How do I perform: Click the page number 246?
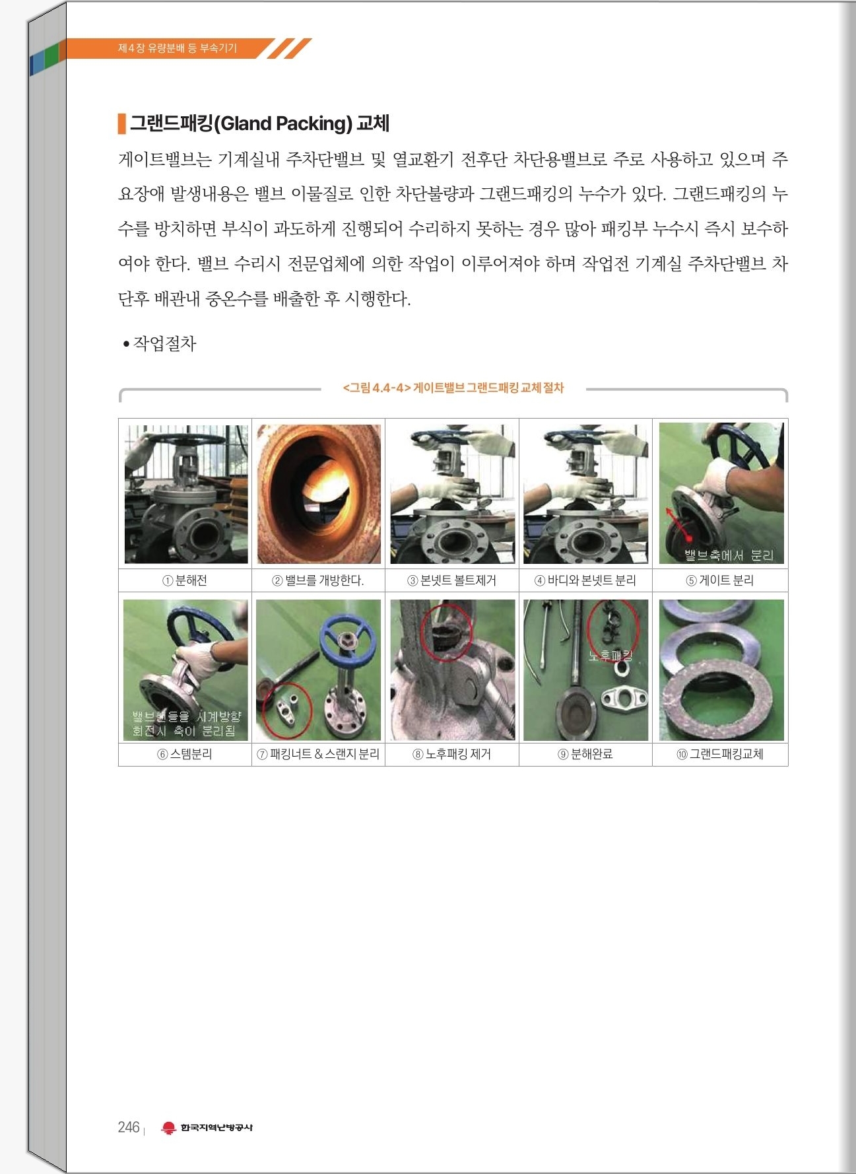[x=129, y=1127]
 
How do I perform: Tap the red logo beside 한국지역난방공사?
[x=169, y=1128]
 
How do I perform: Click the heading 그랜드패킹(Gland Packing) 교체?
[x=259, y=123]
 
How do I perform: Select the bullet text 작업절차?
[x=165, y=343]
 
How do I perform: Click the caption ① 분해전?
[x=185, y=580]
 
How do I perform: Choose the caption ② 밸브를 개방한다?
[x=318, y=580]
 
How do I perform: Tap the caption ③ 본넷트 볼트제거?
[x=451, y=580]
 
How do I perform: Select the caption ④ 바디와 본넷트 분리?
[x=585, y=580]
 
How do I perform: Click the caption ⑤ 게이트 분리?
[x=719, y=580]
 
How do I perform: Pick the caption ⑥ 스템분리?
[x=185, y=754]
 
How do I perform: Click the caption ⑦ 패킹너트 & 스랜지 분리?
[x=318, y=754]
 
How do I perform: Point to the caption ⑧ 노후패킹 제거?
[x=451, y=754]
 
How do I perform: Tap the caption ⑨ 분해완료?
[x=585, y=754]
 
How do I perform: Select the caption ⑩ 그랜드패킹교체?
[x=719, y=754]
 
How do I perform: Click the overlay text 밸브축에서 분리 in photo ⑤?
[x=729, y=555]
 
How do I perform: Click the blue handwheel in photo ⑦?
[x=347, y=639]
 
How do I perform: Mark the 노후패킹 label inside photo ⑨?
[x=610, y=656]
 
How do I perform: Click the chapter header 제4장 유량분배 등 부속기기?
[x=177, y=48]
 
